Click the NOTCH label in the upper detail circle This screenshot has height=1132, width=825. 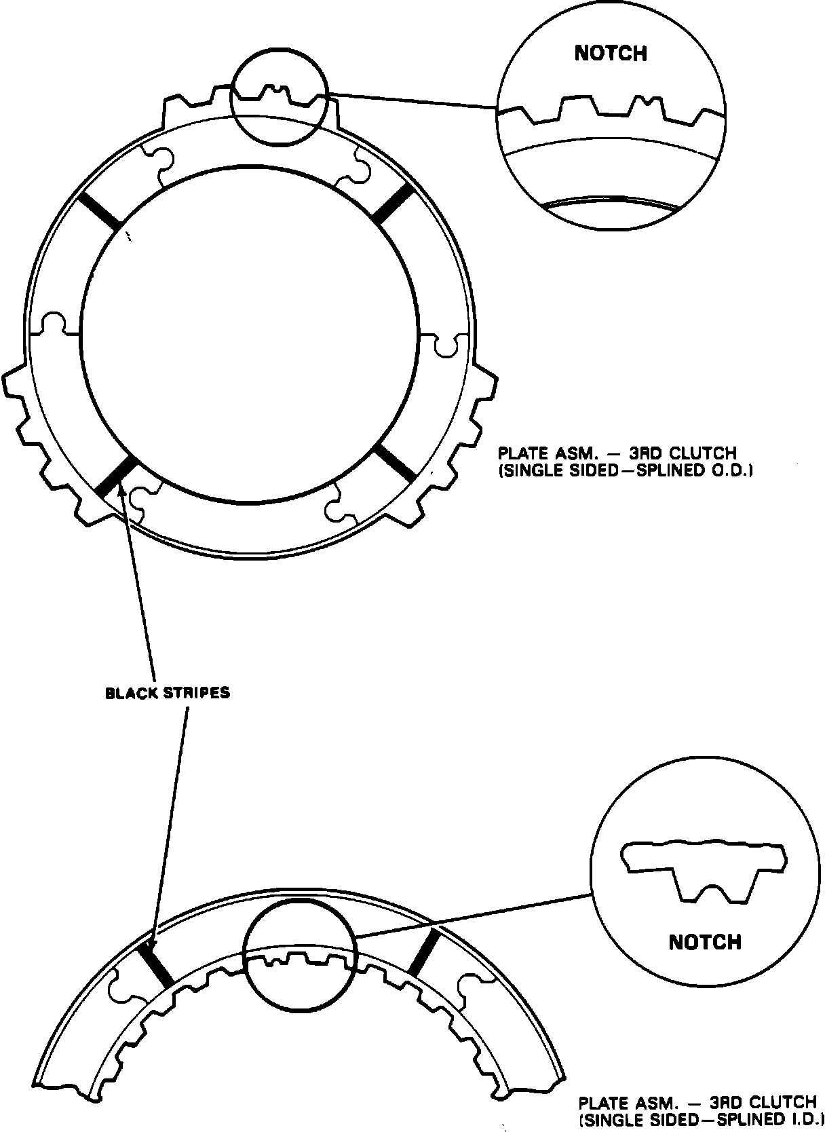click(x=611, y=54)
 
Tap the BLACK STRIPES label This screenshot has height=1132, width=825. click(x=168, y=693)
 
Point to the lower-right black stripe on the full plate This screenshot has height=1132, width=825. click(x=396, y=461)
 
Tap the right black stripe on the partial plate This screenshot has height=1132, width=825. click(x=423, y=952)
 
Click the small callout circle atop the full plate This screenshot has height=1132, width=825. click(x=280, y=100)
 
